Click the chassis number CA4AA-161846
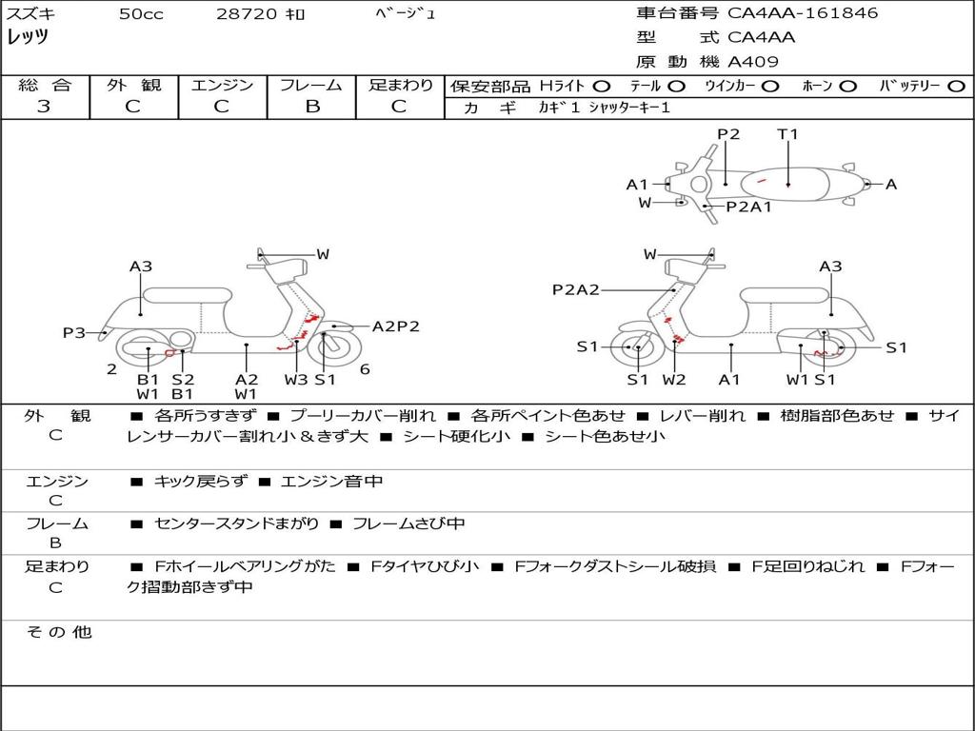[x=803, y=13]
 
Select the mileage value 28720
[x=245, y=14]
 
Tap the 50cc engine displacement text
[x=141, y=14]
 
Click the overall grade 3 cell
[x=44, y=107]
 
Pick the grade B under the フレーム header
[x=311, y=107]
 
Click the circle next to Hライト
[x=602, y=86]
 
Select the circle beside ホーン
[x=848, y=86]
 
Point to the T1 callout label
[x=787, y=134]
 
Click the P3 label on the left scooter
[x=74, y=332]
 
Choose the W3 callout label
[x=296, y=380]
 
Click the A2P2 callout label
[x=395, y=326]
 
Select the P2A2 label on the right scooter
[x=575, y=289]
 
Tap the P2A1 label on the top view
[x=748, y=207]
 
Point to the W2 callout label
[x=674, y=380]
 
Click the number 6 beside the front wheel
[x=366, y=369]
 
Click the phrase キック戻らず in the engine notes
[x=200, y=482]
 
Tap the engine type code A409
[x=753, y=62]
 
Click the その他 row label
[x=58, y=632]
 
